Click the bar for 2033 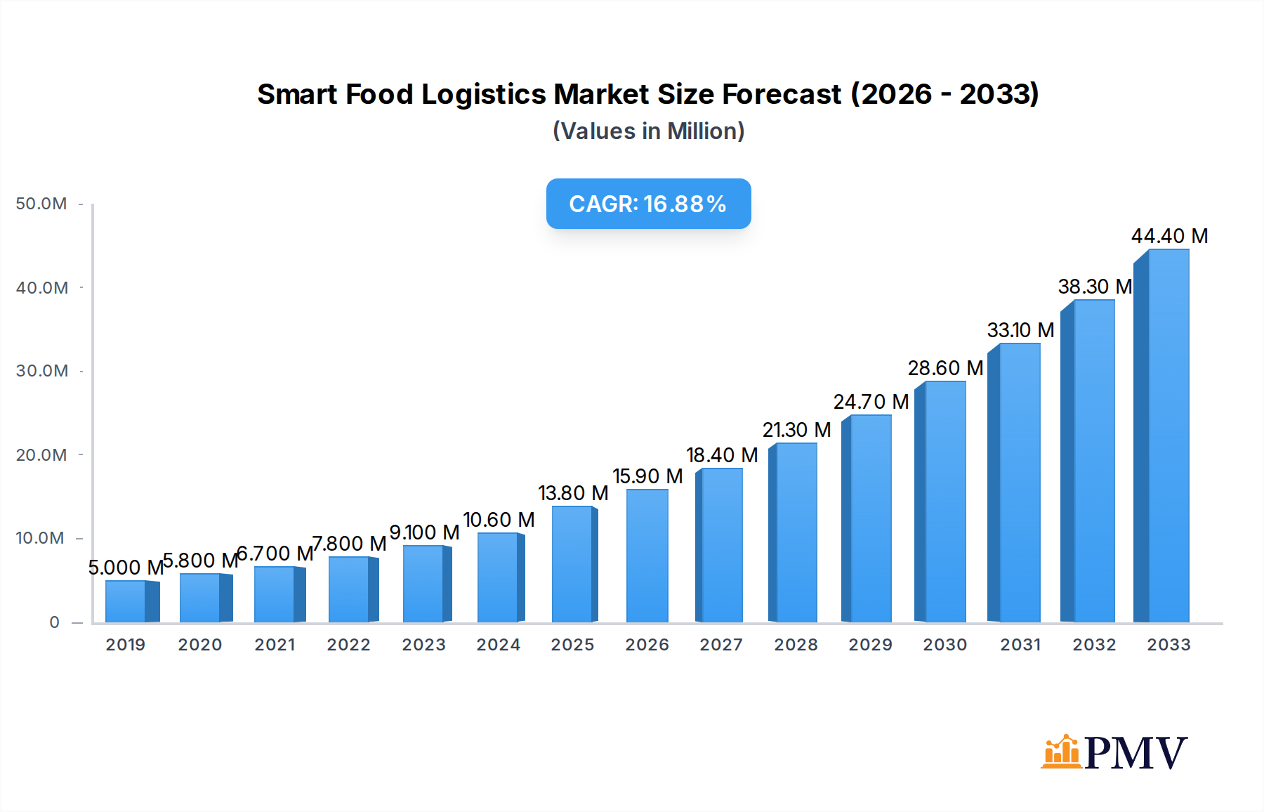(1162, 436)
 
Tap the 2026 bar (647, 556)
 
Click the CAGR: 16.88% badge (648, 204)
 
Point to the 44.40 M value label (1169, 236)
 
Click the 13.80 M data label (573, 493)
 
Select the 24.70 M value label (871, 402)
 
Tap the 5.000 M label (126, 567)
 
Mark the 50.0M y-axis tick (41, 204)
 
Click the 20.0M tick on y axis (41, 454)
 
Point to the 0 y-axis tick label (54, 622)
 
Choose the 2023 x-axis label (423, 644)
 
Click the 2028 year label (796, 644)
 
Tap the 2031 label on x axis (1020, 644)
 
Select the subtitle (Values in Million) (648, 131)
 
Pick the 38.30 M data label (1095, 287)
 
